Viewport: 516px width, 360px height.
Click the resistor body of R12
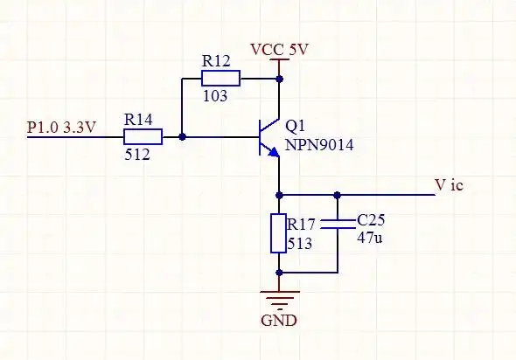coord(220,79)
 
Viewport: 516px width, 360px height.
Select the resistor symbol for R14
coord(143,136)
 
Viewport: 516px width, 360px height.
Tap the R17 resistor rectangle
coord(279,232)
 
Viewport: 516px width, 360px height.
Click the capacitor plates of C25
coord(338,225)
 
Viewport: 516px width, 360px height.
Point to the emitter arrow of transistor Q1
coord(274,152)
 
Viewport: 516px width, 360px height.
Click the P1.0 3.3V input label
coord(62,128)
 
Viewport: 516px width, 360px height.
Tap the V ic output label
coord(455,185)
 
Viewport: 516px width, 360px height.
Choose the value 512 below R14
coord(137,155)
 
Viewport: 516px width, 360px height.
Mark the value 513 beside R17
coord(299,245)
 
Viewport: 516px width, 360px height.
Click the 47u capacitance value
coord(370,237)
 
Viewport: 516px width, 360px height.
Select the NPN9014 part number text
coord(320,144)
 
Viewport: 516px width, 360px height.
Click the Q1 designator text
coord(297,127)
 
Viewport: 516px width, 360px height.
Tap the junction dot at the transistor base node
coord(182,137)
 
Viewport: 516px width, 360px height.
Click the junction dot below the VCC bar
coord(279,79)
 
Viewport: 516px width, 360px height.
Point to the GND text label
coord(279,320)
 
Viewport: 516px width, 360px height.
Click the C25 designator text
coord(372,219)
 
